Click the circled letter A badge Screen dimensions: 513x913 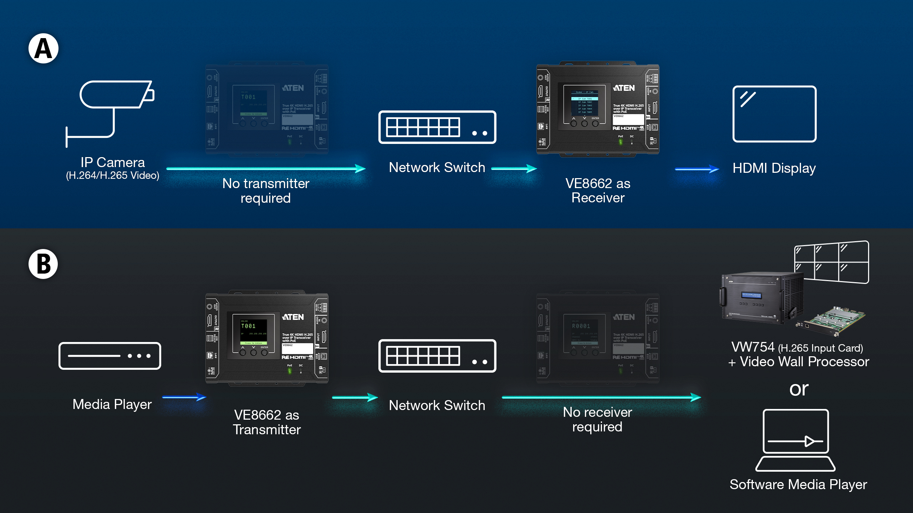pyautogui.click(x=44, y=48)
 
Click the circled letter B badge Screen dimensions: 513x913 pyautogui.click(x=44, y=264)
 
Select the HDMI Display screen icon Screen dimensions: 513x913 pyautogui.click(x=774, y=114)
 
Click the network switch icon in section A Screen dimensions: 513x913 pyautogui.click(x=437, y=127)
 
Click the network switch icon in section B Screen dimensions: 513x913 pyautogui.click(x=437, y=356)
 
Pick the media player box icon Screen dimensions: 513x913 pyautogui.click(x=110, y=356)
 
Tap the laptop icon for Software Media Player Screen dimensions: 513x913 pyautogui.click(x=796, y=440)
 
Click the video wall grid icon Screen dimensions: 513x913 pyautogui.click(x=832, y=262)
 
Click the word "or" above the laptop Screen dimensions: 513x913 pyautogui.click(x=799, y=389)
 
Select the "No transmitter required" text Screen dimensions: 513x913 pyautogui.click(x=266, y=191)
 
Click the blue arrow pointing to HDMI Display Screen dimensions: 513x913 pyautogui.click(x=697, y=169)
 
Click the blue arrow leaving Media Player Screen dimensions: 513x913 pyautogui.click(x=184, y=397)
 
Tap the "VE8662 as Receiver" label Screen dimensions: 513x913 pyautogui.click(x=598, y=191)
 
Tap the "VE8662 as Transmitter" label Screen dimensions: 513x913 pyautogui.click(x=267, y=422)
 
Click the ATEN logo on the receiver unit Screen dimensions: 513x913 pyautogui.click(x=624, y=88)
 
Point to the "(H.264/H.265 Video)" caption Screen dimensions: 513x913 pyautogui.click(x=113, y=176)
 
